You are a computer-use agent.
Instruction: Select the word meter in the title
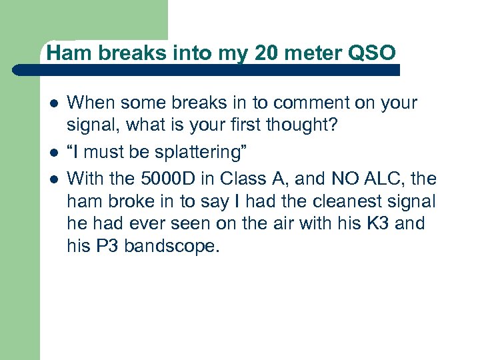(x=313, y=51)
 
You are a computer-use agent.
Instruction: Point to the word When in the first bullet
(x=90, y=103)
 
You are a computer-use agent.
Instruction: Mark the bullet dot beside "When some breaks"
(x=53, y=103)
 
